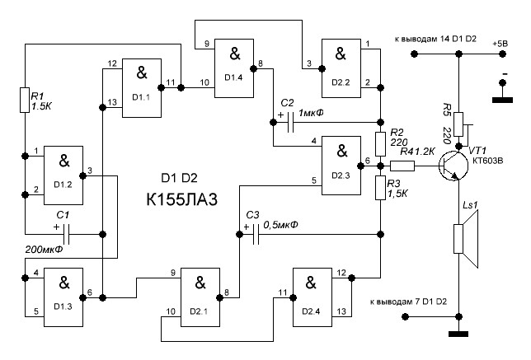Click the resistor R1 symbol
[25, 101]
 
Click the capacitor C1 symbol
[63, 235]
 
